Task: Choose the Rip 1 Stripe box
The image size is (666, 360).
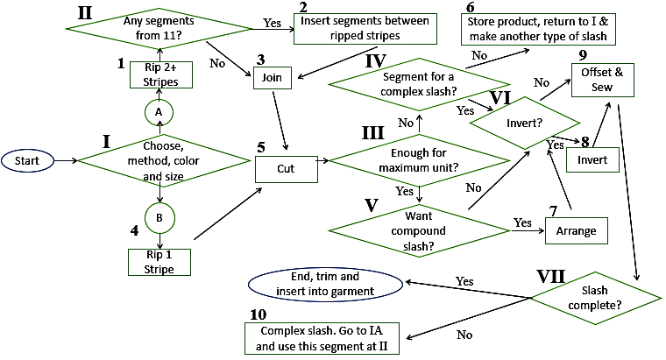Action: tap(159, 261)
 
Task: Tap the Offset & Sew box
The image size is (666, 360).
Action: tap(601, 81)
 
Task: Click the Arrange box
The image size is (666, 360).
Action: tap(576, 231)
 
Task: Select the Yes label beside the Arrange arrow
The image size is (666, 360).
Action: tap(523, 222)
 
